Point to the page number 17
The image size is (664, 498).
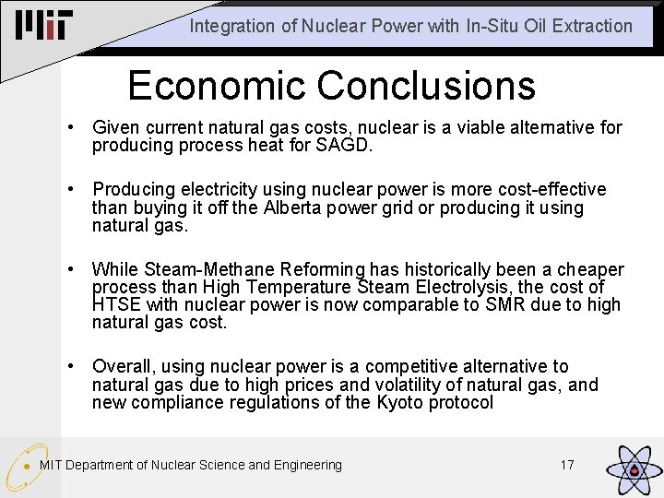[567, 465]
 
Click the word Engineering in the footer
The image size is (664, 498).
[307, 465]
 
